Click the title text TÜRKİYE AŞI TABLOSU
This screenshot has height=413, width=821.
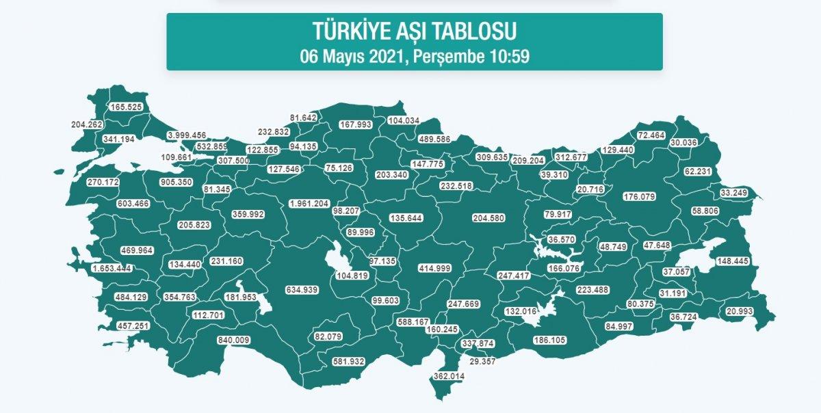pos(414,31)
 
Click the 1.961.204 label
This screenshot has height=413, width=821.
pos(309,204)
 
